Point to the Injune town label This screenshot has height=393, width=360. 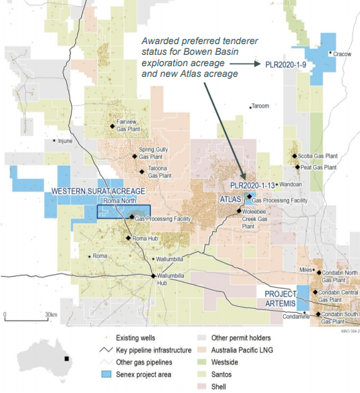coord(64,141)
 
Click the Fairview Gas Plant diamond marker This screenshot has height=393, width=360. coord(112,126)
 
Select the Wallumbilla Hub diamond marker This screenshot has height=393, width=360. coord(153,275)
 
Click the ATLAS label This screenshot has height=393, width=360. coord(230,199)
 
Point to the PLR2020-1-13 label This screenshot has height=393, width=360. coord(252,184)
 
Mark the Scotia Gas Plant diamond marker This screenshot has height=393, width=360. coord(296,156)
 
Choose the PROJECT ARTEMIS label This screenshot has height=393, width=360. coord(280,298)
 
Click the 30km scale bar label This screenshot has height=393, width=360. coord(50,314)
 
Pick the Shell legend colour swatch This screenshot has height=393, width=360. coord(201,386)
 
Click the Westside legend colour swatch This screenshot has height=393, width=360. coord(201,362)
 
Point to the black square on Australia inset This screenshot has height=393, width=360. coord(66,359)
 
